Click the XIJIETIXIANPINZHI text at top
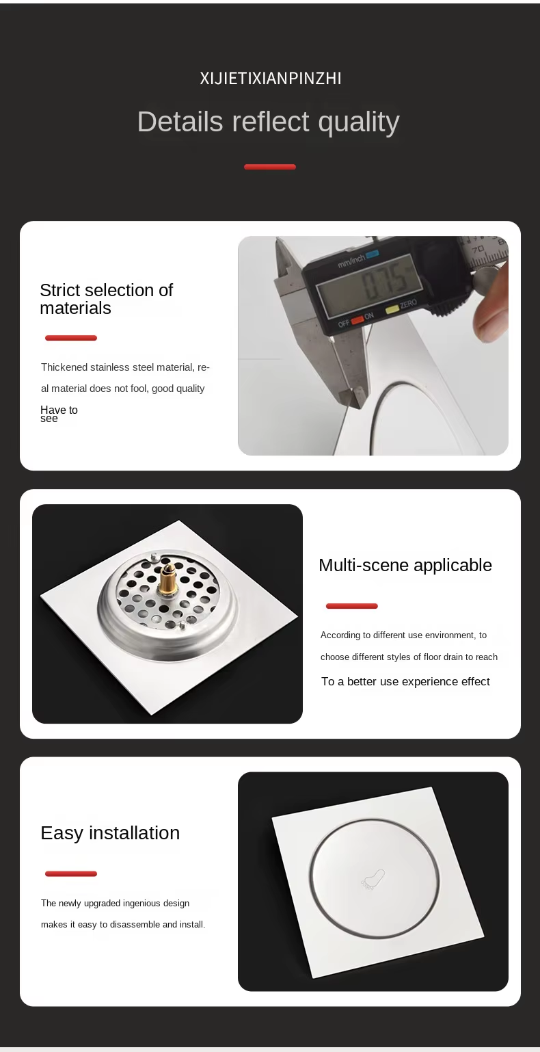(270, 79)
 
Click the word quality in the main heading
(359, 122)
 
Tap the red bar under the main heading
(270, 167)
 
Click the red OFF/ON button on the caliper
(357, 320)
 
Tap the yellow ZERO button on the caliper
(392, 309)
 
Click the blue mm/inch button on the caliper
(373, 254)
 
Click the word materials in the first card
(76, 308)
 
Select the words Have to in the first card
(59, 410)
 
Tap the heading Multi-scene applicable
(405, 566)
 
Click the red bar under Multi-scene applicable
(352, 606)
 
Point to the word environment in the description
(450, 635)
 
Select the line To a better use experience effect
(405, 681)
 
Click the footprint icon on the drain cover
(373, 880)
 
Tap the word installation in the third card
(134, 833)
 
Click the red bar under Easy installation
(71, 874)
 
